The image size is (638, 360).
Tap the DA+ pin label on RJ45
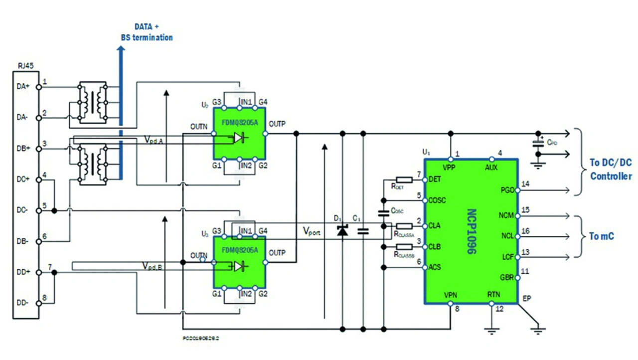(x=23, y=86)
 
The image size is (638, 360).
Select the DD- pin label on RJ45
(x=23, y=303)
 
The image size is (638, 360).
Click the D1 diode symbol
(x=342, y=230)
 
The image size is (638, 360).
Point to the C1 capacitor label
(x=356, y=218)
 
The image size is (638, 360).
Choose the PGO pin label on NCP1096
(x=508, y=189)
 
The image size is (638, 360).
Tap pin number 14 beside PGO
(x=525, y=184)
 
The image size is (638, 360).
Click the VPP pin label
(x=450, y=168)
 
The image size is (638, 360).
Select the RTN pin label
(x=493, y=295)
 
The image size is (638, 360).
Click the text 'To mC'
(x=602, y=236)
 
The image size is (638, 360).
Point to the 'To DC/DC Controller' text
(x=611, y=170)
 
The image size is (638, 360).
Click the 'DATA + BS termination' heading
(x=147, y=32)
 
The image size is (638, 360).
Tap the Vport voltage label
(x=312, y=231)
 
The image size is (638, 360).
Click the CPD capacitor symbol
(x=538, y=143)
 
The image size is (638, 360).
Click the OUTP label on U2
(x=277, y=124)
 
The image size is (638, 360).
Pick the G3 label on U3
(x=217, y=231)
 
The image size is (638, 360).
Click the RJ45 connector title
(x=25, y=65)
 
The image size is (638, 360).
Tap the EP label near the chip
(x=526, y=299)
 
